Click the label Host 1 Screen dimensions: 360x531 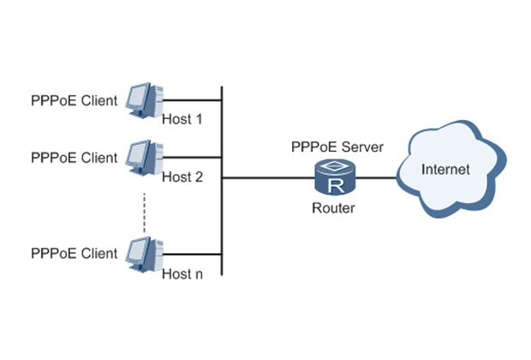coord(182,119)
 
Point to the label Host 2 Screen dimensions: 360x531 coord(182,177)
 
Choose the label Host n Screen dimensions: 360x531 coord(182,274)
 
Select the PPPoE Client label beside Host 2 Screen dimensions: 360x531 coord(74,158)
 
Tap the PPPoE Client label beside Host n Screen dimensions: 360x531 coord(74,254)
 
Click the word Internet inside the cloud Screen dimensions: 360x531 coord(445,170)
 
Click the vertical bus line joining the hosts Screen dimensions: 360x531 coord(222,214)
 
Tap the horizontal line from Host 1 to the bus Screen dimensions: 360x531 coord(193,99)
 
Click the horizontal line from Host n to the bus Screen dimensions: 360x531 coord(193,254)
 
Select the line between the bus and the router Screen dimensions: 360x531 coord(265,178)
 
